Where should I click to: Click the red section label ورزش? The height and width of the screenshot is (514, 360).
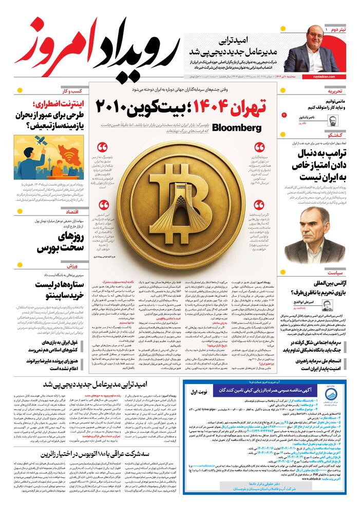coord(73,266)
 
